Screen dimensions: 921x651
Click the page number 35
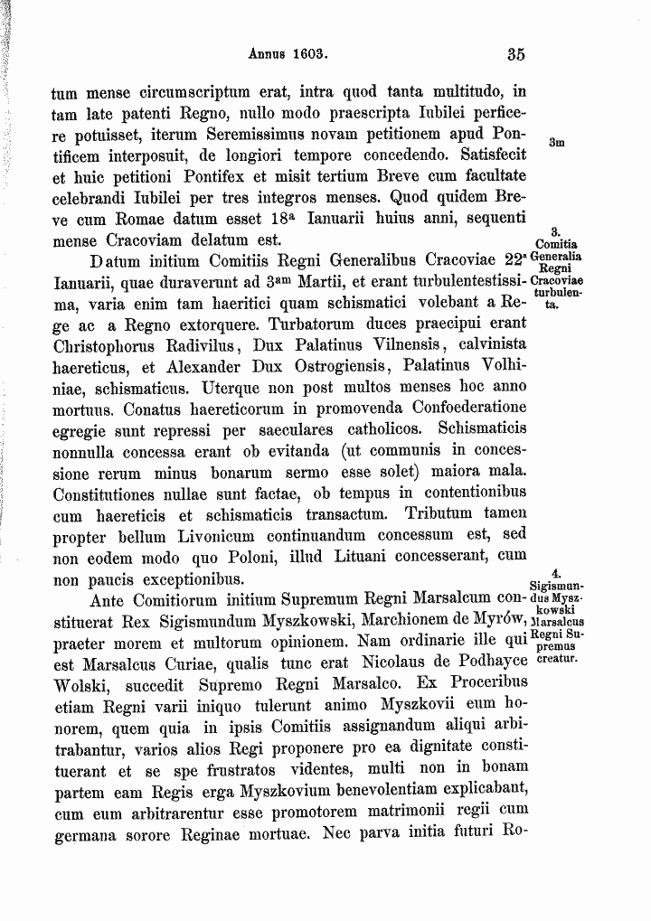point(516,54)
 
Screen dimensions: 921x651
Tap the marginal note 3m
point(557,142)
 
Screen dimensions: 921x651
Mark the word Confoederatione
point(450,409)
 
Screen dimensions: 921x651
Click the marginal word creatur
point(557,660)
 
